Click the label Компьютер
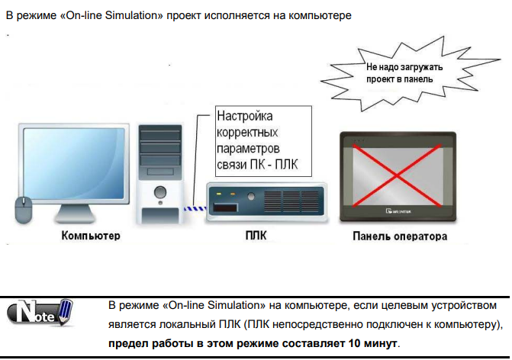(x=91, y=236)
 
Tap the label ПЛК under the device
(x=254, y=236)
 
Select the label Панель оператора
(x=400, y=236)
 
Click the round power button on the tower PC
(x=159, y=191)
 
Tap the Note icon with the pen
(x=39, y=313)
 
